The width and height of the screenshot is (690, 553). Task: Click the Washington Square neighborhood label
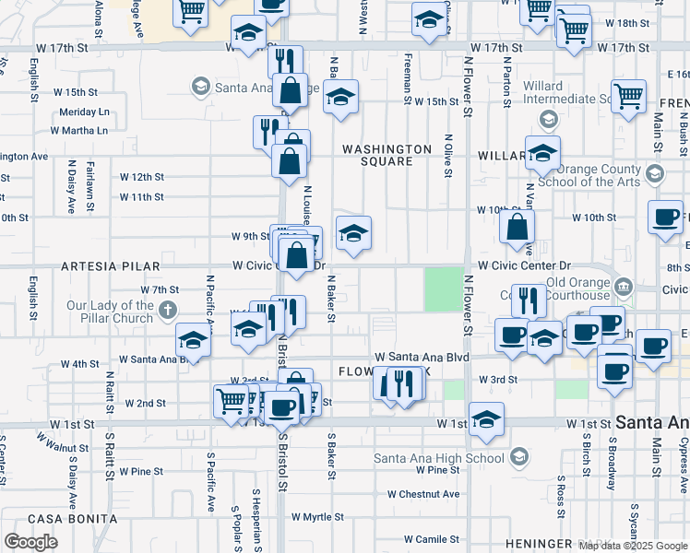pos(387,155)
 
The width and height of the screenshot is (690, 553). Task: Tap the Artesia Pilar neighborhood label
pos(100,266)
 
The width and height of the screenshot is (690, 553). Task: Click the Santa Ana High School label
pos(439,458)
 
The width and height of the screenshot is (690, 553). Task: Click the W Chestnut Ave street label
pos(423,494)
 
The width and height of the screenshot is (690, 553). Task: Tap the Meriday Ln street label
pos(84,112)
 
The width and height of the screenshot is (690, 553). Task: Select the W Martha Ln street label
pos(78,130)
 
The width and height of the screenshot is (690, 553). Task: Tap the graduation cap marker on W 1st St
pos(486,419)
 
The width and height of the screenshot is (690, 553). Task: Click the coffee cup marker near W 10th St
pos(665,217)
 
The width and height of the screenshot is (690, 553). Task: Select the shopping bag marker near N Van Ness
pos(517,225)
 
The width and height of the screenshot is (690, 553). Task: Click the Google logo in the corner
pos(30,542)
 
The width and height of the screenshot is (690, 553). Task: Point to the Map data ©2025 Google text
pos(632,546)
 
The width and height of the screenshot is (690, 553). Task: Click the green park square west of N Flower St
pos(444,288)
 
